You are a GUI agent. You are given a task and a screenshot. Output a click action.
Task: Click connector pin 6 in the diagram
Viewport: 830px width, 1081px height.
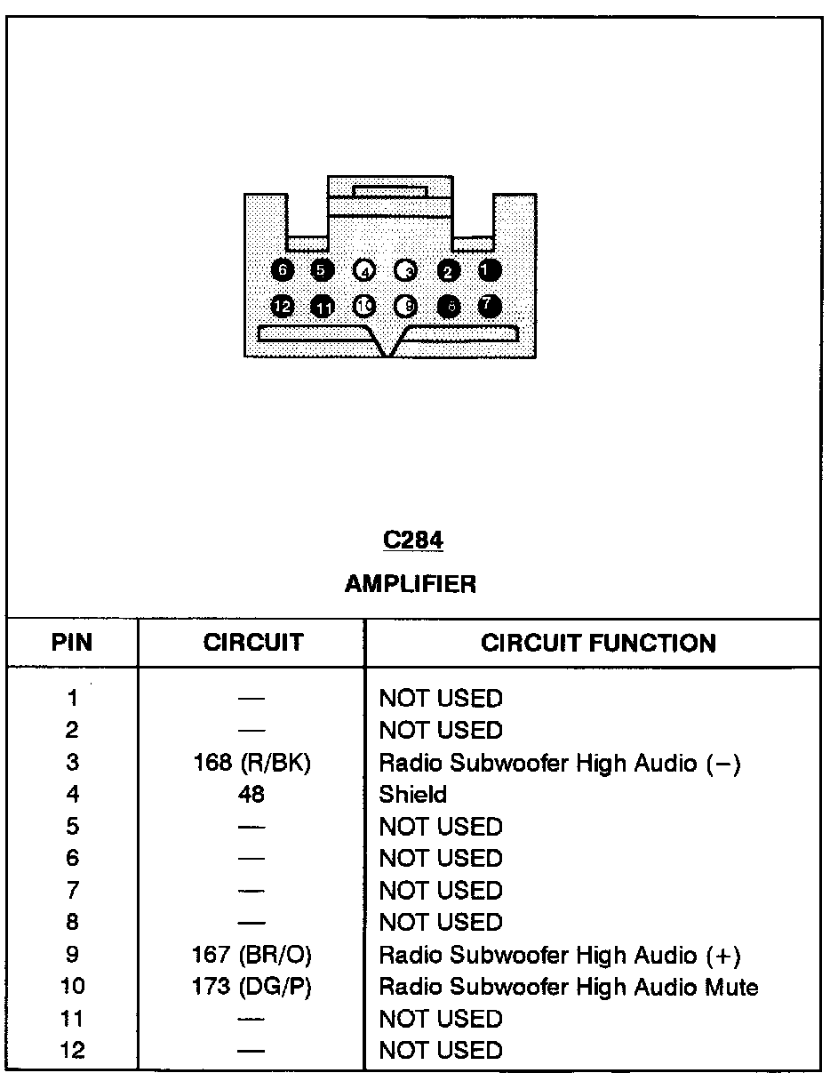pyautogui.click(x=283, y=270)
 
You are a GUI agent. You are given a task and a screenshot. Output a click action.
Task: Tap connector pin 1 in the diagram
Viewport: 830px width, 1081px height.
pyautogui.click(x=490, y=270)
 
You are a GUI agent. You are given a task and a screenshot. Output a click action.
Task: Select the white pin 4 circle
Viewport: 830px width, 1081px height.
pyautogui.click(x=364, y=270)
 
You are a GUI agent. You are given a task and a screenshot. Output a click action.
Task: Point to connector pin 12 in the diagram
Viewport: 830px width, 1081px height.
pyautogui.click(x=283, y=307)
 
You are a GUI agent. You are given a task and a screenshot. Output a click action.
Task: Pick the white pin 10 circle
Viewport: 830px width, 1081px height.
pyautogui.click(x=364, y=307)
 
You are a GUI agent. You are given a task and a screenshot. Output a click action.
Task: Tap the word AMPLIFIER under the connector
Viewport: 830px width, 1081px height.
pyautogui.click(x=410, y=584)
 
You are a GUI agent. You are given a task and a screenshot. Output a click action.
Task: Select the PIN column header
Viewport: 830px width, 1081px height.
pyautogui.click(x=72, y=643)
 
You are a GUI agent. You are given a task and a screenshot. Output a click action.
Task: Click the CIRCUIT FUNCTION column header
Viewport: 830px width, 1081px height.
pyautogui.click(x=597, y=643)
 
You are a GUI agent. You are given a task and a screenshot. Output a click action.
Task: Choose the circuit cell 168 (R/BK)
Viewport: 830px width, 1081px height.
pyautogui.click(x=252, y=763)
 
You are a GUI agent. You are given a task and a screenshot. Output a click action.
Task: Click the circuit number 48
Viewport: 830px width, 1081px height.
pyautogui.click(x=252, y=795)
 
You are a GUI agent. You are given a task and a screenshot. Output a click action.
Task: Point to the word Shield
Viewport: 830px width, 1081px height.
pyautogui.click(x=413, y=795)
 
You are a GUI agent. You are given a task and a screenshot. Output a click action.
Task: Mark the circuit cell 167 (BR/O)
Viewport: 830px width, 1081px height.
pyautogui.click(x=252, y=955)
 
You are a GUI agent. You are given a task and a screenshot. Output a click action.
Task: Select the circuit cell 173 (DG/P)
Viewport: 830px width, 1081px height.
pyautogui.click(x=252, y=987)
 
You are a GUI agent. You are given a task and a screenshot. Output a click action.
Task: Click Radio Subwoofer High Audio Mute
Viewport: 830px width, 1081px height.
pyautogui.click(x=569, y=987)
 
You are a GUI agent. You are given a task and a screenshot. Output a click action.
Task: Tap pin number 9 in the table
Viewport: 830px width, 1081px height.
pyautogui.click(x=72, y=955)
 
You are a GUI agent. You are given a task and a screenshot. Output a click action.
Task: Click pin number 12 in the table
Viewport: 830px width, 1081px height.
pyautogui.click(x=72, y=1051)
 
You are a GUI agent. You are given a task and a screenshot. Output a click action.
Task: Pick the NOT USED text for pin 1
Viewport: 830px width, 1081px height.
pyautogui.click(x=441, y=699)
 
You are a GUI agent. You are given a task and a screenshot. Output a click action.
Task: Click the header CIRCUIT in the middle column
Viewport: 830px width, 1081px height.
pyautogui.click(x=253, y=643)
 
